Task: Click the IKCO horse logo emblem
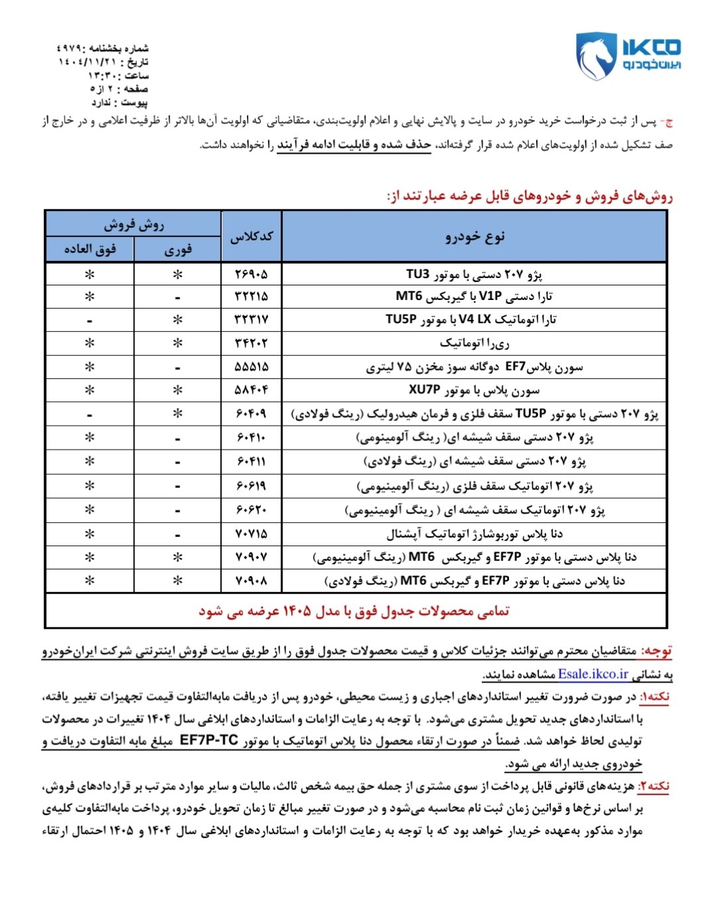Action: tap(594, 57)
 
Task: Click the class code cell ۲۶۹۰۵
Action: tap(251, 274)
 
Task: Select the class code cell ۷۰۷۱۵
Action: tap(251, 534)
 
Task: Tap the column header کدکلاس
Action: tap(251, 236)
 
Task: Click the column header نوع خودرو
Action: tap(474, 236)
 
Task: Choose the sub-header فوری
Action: tap(177, 250)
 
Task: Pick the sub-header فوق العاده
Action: tap(89, 250)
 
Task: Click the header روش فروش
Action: tap(133, 224)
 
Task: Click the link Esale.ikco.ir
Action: tap(593, 674)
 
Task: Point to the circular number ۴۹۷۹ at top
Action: tap(69, 48)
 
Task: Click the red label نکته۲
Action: tap(653, 786)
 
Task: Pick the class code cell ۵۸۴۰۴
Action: tap(251, 390)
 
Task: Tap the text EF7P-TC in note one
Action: tap(209, 741)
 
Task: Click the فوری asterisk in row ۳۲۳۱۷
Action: tap(177, 320)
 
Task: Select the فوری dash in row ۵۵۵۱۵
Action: tap(177, 367)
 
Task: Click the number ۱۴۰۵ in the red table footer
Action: tap(298, 611)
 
